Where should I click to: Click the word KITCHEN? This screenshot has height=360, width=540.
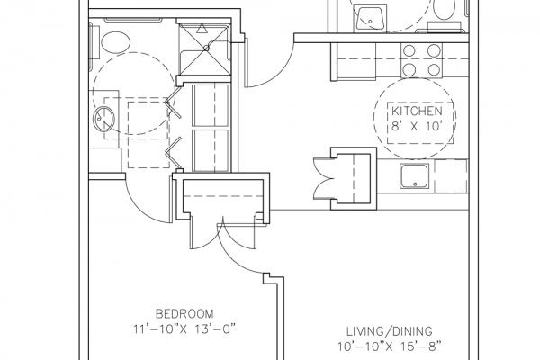[417, 111]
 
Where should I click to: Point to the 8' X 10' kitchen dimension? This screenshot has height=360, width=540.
[417, 126]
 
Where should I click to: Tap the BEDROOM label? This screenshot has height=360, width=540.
[184, 314]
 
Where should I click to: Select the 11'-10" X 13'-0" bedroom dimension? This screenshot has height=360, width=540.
[184, 329]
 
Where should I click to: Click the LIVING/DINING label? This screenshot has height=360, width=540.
[389, 331]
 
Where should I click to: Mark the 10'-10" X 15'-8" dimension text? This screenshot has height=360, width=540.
[389, 346]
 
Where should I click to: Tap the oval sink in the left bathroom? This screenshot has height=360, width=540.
[104, 119]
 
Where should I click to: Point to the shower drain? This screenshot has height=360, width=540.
[206, 49]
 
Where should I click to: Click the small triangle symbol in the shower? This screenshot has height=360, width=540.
[202, 29]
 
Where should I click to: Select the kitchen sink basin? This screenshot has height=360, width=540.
[415, 176]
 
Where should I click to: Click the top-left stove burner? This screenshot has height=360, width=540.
[409, 51]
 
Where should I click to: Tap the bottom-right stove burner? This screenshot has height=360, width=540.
[435, 70]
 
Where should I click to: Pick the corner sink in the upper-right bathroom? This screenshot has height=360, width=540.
[371, 19]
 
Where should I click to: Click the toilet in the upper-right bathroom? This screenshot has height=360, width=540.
[445, 10]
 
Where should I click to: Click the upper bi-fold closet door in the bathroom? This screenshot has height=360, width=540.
[173, 103]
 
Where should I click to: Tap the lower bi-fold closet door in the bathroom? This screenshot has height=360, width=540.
[173, 153]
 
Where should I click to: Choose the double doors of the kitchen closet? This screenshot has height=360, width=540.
[323, 179]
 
